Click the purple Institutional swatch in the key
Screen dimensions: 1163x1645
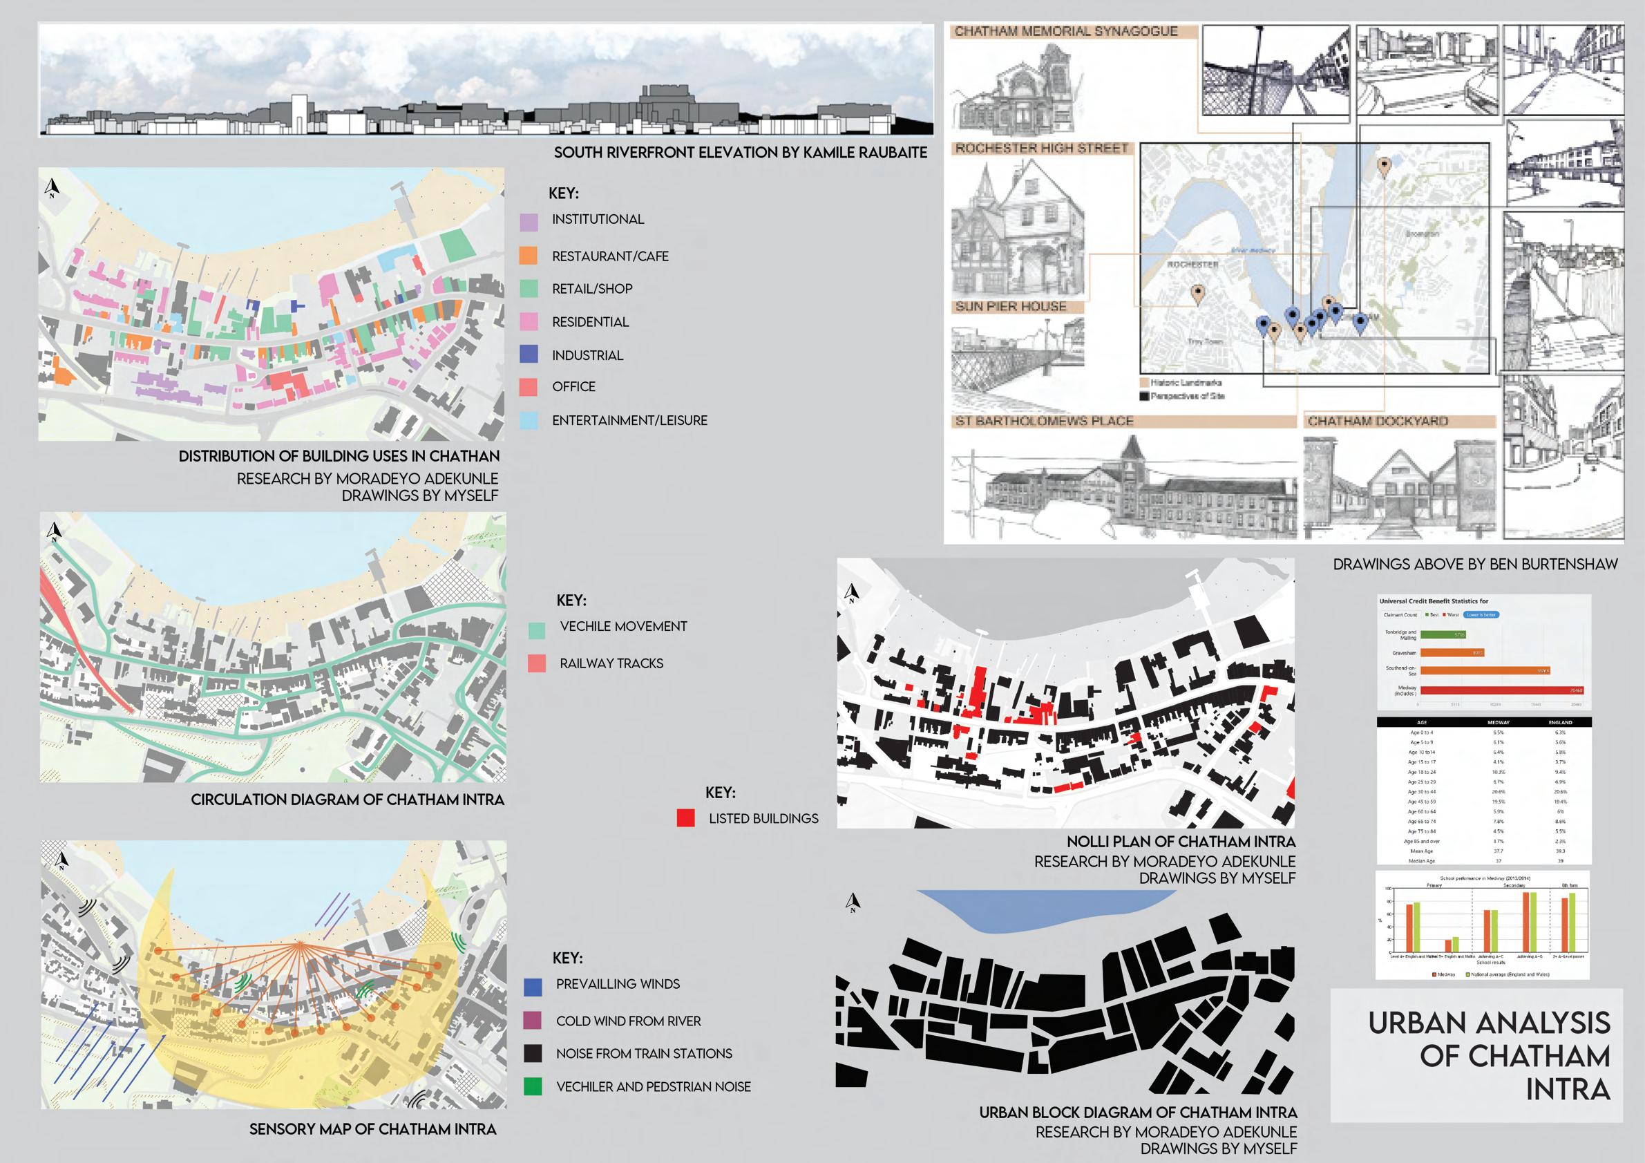tap(529, 222)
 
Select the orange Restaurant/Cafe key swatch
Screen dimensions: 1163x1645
tap(529, 255)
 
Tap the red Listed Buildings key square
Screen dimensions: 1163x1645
tap(685, 817)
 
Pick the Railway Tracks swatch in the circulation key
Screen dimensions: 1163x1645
tap(537, 663)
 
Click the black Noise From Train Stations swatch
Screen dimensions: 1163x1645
tap(533, 1053)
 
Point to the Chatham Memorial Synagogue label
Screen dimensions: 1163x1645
tap(1065, 32)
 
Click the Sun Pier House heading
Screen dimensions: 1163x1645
tap(1010, 307)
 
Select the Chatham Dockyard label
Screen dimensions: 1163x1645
tap(1377, 422)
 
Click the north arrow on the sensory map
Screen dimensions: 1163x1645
tap(62, 860)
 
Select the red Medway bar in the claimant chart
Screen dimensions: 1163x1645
tap(1501, 690)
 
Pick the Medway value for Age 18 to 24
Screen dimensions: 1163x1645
tap(1498, 772)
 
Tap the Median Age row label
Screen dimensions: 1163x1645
tap(1422, 860)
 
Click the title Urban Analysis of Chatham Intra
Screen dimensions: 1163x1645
tap(1489, 1056)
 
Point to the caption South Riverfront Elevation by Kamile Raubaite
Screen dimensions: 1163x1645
tap(740, 153)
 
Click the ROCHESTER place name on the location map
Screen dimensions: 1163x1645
tap(1192, 265)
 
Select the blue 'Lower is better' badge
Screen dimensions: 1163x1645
tap(1481, 615)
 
